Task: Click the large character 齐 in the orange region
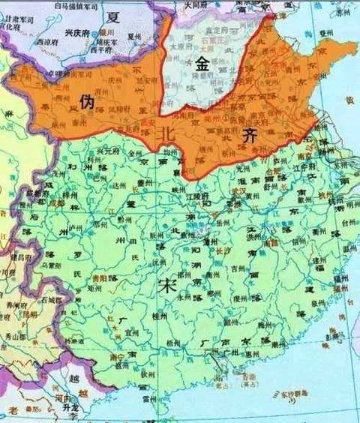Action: point(251,135)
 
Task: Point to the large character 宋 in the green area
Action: point(167,286)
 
